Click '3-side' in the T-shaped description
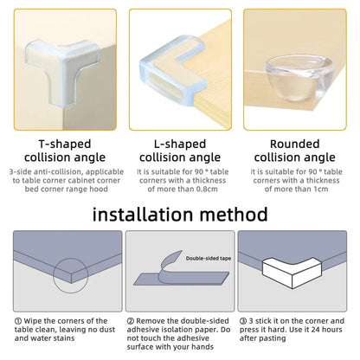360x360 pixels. [x=20, y=172]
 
